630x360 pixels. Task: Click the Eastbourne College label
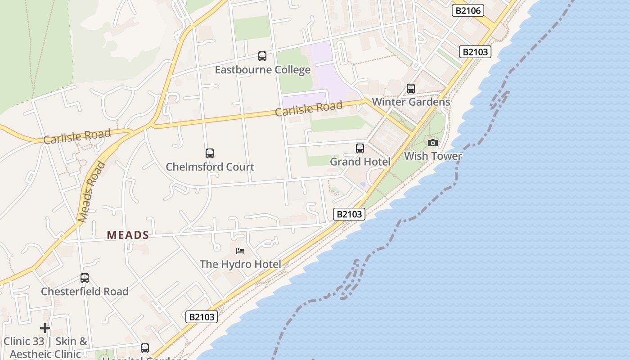262,70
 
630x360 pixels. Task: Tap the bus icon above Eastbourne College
262,56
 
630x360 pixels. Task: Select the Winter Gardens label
411,102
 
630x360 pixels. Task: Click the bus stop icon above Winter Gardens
411,89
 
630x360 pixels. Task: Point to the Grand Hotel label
360,161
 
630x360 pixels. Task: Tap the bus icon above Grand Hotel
360,148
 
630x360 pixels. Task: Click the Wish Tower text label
433,156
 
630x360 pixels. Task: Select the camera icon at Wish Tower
433,143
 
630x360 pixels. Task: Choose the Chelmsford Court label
210,166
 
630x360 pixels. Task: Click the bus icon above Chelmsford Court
210,153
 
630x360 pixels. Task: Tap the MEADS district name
128,235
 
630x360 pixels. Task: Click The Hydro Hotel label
240,264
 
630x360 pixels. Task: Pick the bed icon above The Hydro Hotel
240,251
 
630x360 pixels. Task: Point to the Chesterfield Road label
85,291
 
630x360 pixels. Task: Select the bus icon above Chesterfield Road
85,278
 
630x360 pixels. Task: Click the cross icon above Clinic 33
45,328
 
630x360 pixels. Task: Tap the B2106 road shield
468,10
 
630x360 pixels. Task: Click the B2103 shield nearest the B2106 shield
475,52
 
